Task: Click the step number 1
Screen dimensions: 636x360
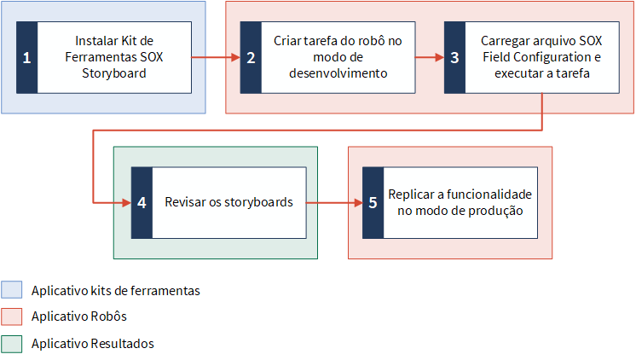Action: (26, 58)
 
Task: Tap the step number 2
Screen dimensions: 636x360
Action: (251, 58)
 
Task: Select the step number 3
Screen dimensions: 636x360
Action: (454, 58)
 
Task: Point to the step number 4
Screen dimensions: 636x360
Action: (142, 202)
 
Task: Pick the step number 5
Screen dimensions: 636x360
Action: (373, 202)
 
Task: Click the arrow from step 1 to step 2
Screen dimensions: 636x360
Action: (216, 57)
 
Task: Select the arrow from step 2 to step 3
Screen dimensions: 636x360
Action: (430, 57)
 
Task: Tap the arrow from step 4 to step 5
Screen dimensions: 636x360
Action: (335, 202)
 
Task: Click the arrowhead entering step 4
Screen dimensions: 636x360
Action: (127, 202)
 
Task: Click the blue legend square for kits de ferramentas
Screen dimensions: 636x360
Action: (11, 290)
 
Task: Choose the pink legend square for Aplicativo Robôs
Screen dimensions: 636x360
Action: (11, 316)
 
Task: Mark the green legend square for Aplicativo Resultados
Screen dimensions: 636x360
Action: (11, 344)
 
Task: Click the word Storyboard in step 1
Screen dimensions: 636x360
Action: (114, 73)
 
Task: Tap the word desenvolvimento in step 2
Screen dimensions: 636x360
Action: (338, 73)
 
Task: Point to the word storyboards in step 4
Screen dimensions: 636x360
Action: (258, 202)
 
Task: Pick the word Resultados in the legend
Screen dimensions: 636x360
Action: (122, 344)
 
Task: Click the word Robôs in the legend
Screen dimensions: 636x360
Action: (108, 316)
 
